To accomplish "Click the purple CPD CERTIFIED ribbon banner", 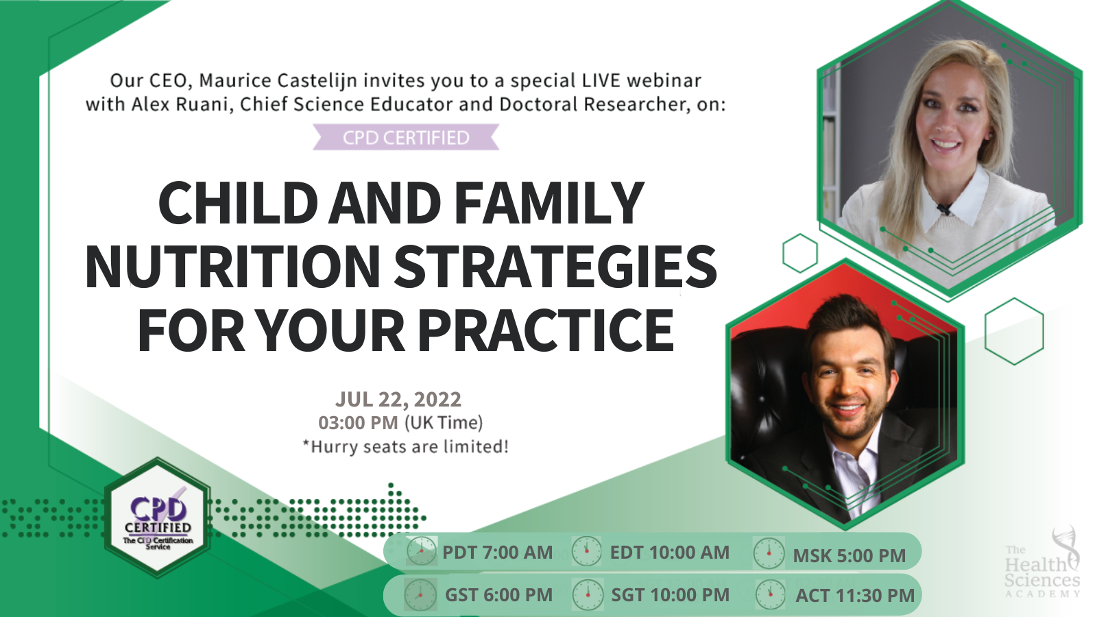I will tap(406, 137).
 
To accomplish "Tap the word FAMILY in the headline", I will tap(548, 203).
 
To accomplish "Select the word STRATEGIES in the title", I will tap(555, 267).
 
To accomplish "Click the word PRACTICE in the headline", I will tap(546, 330).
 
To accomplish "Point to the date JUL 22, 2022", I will tap(398, 399).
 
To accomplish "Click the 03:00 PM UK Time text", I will tap(400, 422).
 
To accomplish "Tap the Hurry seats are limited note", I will tap(406, 447).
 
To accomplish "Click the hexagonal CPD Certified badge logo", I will tap(158, 518).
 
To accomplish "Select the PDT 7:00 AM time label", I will tap(497, 553).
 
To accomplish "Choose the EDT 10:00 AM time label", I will tap(669, 553).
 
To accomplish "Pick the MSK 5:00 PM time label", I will tap(849, 555).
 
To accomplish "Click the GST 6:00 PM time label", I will tap(498, 595).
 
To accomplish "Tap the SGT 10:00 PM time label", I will tap(670, 595).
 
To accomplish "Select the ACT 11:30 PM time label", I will tap(854, 595).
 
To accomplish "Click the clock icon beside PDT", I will tap(421, 551).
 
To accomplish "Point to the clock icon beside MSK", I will tap(769, 554).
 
